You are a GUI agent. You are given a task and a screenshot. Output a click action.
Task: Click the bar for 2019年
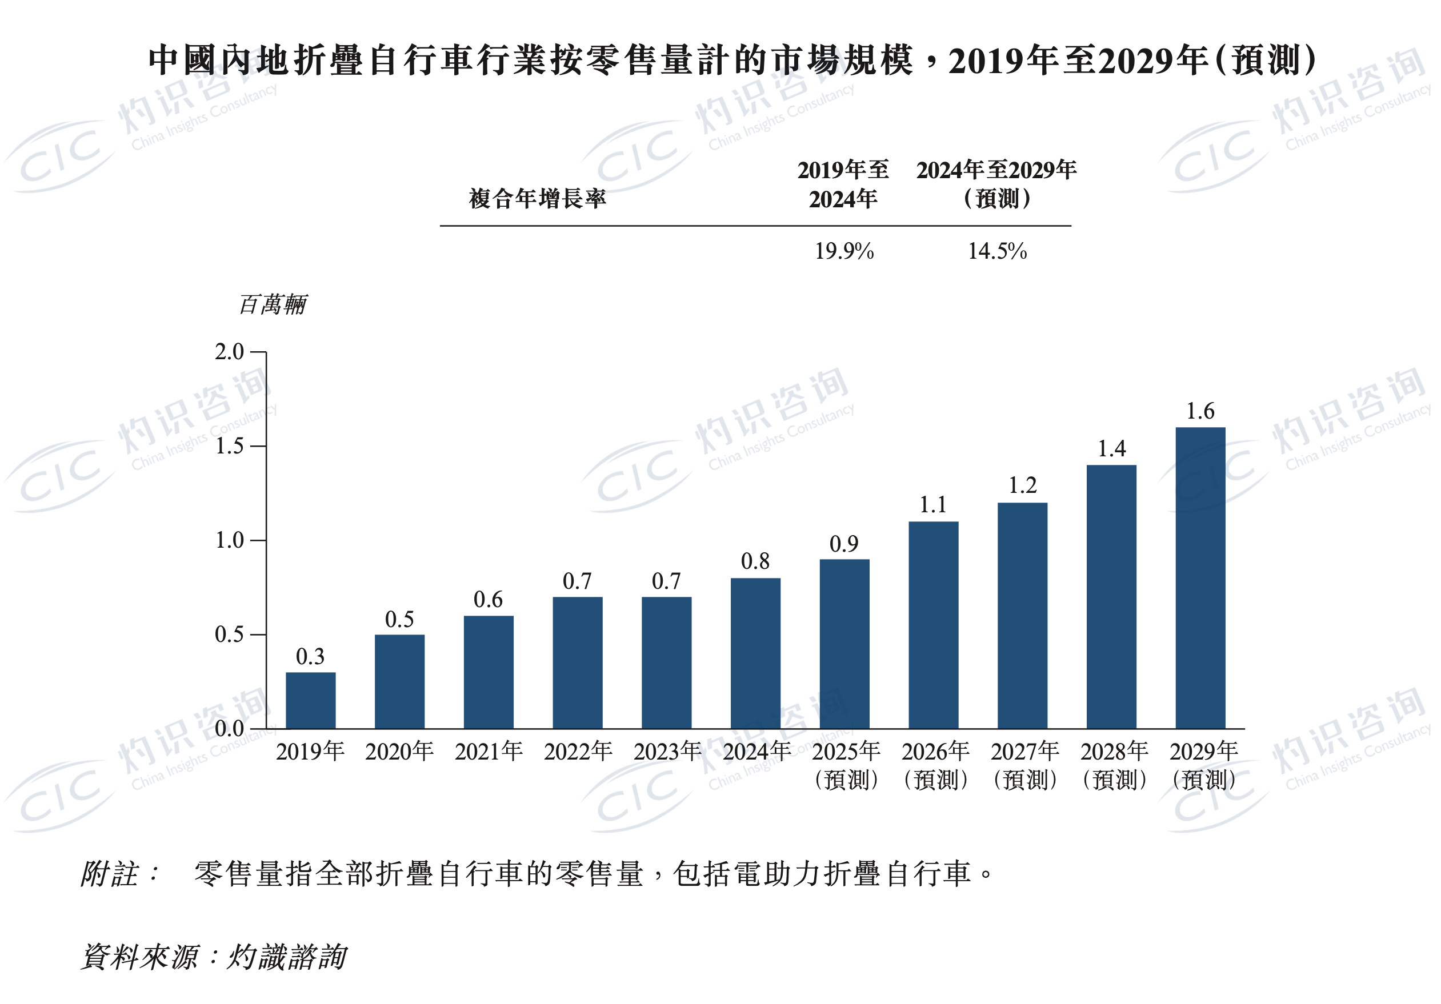(x=310, y=700)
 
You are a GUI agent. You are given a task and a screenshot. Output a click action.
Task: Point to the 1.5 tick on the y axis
(x=230, y=446)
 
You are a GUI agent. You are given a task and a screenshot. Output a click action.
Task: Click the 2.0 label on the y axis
(x=230, y=352)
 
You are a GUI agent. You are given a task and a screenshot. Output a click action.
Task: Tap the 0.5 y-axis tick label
(x=230, y=634)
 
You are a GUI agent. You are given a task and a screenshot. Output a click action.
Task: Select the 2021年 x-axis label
(x=489, y=751)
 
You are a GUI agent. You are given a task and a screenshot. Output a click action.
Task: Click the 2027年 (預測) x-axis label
(x=1024, y=765)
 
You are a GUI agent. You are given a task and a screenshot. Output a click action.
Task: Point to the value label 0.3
(x=310, y=656)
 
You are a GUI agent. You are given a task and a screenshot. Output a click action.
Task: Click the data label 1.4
(x=1111, y=449)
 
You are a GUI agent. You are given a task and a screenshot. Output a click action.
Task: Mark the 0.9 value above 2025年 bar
(x=844, y=544)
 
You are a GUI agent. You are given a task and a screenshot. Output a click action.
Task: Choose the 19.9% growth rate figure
(x=844, y=251)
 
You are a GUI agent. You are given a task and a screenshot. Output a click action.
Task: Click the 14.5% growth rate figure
(x=997, y=251)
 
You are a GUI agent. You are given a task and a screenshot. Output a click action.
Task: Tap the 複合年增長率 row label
(x=537, y=198)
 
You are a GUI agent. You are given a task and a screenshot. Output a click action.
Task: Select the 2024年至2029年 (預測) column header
(x=996, y=184)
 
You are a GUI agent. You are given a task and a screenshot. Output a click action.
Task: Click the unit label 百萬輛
(x=273, y=305)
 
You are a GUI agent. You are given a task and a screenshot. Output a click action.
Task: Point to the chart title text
(x=732, y=61)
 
